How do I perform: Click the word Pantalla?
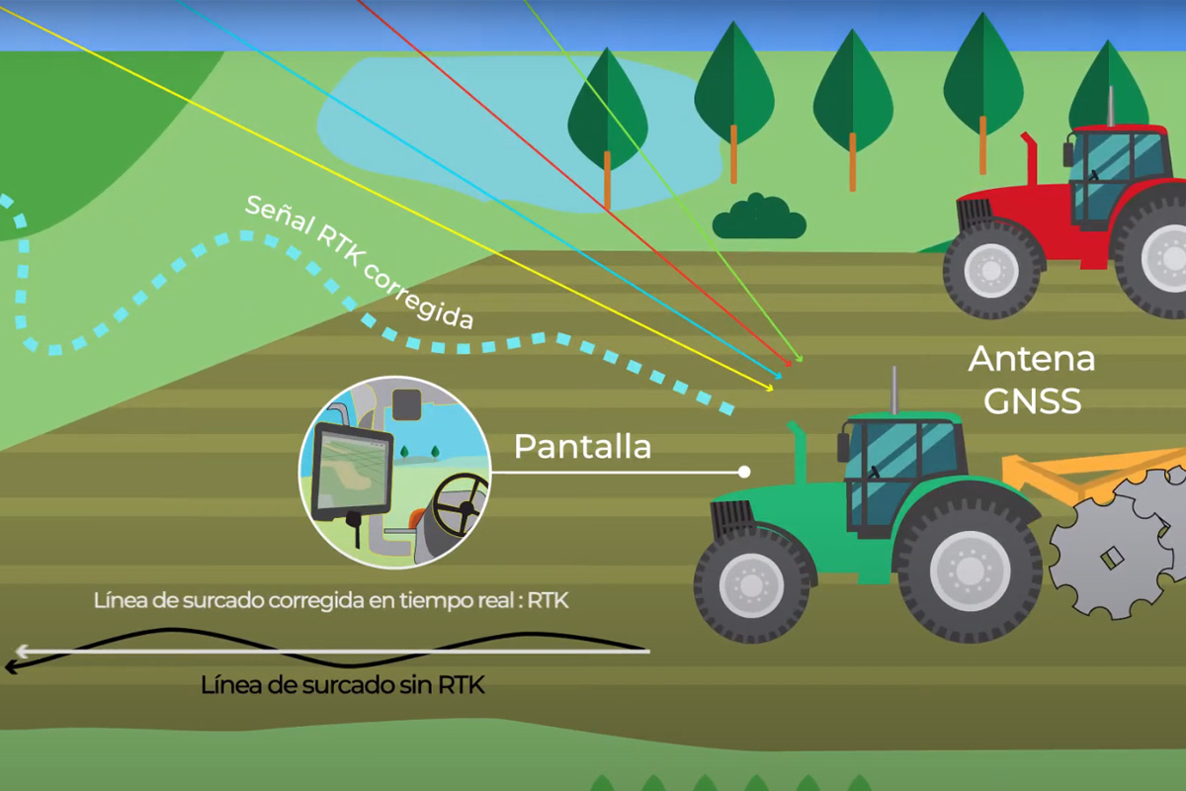click(x=582, y=447)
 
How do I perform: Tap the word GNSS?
click(x=1033, y=401)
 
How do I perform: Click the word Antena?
click(x=1032, y=359)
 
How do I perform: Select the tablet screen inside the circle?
click(x=352, y=472)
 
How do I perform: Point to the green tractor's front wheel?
click(x=751, y=584)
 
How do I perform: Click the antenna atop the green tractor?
click(x=894, y=391)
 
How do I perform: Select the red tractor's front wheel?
click(x=990, y=269)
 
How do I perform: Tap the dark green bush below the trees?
click(x=759, y=218)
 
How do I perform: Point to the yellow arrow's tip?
click(x=773, y=391)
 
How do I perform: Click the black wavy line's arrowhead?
click(x=12, y=667)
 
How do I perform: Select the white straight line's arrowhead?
click(x=21, y=652)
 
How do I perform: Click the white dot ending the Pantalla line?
click(x=744, y=472)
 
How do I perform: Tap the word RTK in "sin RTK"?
click(x=461, y=685)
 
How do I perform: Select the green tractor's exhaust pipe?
click(x=798, y=452)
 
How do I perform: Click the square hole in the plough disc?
click(x=1112, y=558)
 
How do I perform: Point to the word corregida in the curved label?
click(x=418, y=295)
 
